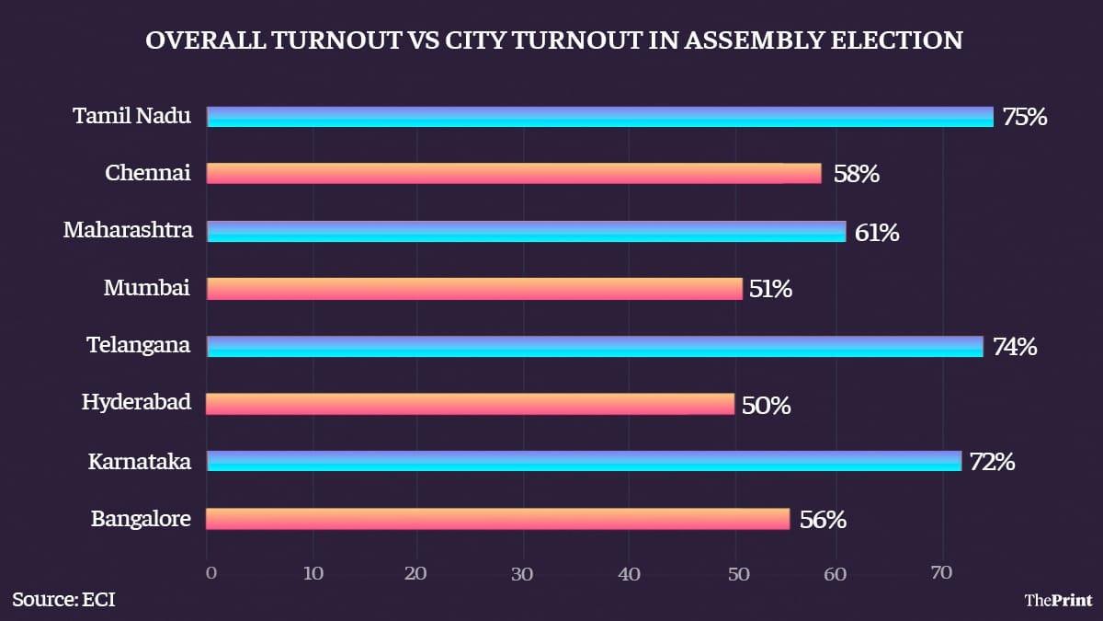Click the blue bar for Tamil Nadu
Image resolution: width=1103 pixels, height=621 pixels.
599,116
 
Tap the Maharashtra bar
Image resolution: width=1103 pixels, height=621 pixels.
526,231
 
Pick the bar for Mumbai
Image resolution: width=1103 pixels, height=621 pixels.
473,289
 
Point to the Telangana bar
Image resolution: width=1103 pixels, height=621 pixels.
594,346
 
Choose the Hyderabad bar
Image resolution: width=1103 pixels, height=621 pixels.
470,404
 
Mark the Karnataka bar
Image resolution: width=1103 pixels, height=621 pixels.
584,461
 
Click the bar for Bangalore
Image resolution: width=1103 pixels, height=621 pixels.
497,519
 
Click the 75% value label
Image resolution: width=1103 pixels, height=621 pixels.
1025,118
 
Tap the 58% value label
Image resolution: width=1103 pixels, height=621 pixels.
857,174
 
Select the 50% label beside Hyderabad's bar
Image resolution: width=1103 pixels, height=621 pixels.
767,405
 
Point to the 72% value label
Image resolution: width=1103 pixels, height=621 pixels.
993,462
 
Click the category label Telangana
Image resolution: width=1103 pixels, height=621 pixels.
139,346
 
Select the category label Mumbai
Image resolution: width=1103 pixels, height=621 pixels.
147,289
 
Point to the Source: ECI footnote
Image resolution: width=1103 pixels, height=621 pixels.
63,600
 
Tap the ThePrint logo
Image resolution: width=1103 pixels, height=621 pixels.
1058,600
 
